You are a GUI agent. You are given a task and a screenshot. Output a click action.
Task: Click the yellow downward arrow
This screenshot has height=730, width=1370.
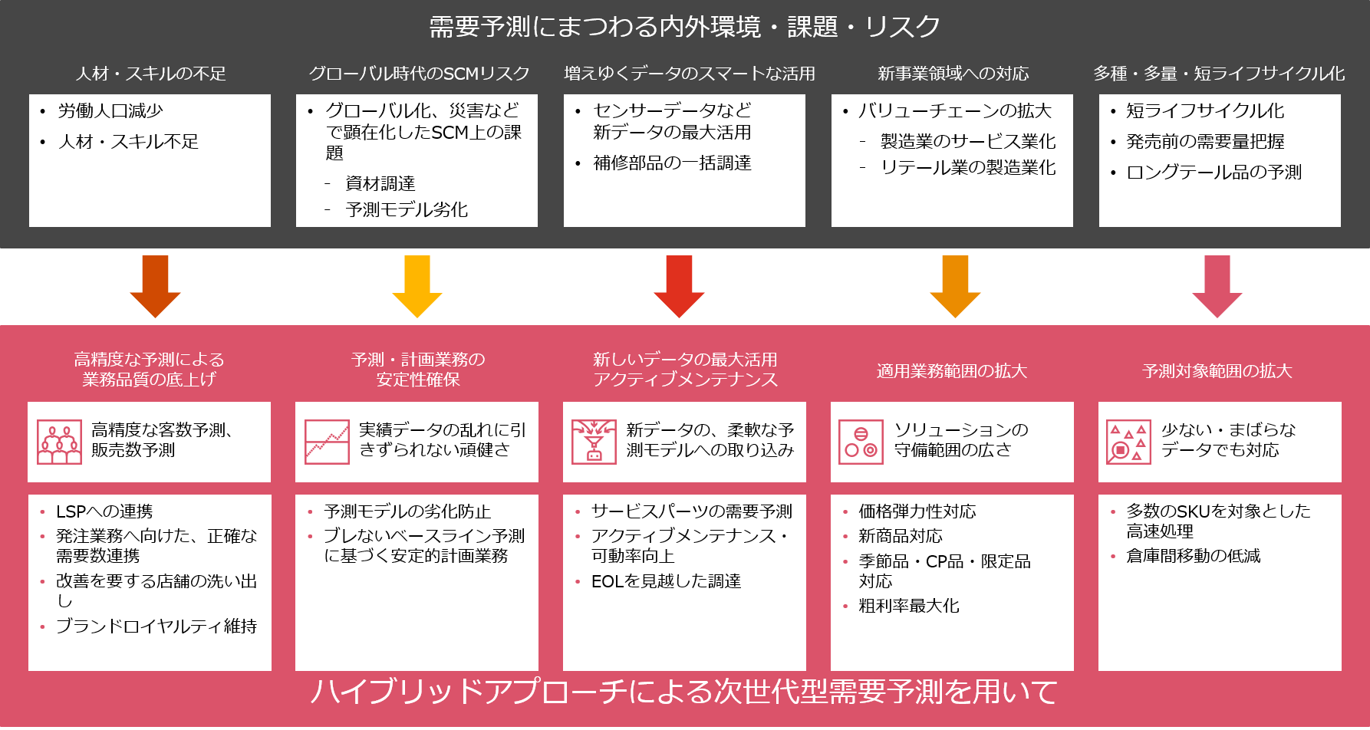point(417,285)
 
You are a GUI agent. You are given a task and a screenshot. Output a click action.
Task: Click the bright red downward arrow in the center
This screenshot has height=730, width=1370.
point(679,285)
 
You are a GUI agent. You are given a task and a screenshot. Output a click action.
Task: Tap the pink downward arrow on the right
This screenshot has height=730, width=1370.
point(1217,285)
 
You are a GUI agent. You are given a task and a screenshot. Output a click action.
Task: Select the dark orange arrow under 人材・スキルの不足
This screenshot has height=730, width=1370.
point(155,285)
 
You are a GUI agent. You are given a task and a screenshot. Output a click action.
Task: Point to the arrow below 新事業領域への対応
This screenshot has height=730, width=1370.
point(955,285)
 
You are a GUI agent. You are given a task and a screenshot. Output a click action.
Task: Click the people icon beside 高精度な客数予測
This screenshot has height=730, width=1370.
point(59,442)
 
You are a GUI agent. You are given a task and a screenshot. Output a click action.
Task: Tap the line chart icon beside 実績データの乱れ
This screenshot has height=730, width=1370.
point(327,442)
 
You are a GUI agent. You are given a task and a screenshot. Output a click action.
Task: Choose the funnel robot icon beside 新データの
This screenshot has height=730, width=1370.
point(594,442)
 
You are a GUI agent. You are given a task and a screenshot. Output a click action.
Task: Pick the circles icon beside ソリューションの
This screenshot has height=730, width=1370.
point(861,442)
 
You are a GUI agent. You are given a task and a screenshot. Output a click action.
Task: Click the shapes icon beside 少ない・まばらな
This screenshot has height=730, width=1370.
point(1128,442)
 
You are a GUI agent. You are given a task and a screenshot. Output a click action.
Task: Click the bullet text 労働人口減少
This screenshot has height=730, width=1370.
point(110,111)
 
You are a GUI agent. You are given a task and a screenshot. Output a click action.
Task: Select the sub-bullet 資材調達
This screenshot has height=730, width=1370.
point(380,183)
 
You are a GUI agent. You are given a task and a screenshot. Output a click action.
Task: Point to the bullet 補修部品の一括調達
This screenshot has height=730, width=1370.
point(672,163)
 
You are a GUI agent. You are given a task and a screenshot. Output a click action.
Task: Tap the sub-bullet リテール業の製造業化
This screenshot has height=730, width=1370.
point(968,167)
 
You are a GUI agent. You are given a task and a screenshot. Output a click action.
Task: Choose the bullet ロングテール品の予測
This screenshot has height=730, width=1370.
point(1214,172)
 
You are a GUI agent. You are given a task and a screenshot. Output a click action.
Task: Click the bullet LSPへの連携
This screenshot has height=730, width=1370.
point(104,511)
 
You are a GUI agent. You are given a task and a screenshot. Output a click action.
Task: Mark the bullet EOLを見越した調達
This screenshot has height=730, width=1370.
point(666,581)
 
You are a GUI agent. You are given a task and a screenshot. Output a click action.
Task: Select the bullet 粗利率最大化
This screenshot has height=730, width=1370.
point(909,606)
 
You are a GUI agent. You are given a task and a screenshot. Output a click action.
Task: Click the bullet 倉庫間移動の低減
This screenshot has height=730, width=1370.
point(1193,556)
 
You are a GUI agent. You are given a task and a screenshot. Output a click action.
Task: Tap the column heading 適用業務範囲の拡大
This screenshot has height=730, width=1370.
point(951,371)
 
